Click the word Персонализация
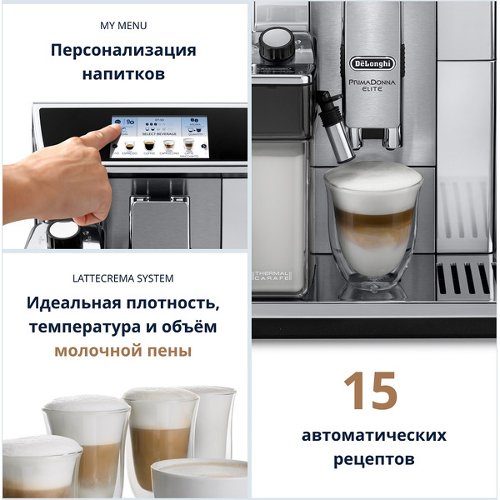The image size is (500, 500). coord(123,50)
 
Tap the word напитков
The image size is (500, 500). coord(123,74)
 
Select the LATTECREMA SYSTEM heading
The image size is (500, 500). coord(123,277)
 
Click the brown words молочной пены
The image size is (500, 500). coord(123,350)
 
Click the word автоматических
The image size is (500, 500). coord(374,435)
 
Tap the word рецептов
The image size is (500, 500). coord(374,459)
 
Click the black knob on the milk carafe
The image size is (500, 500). coord(277,41)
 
